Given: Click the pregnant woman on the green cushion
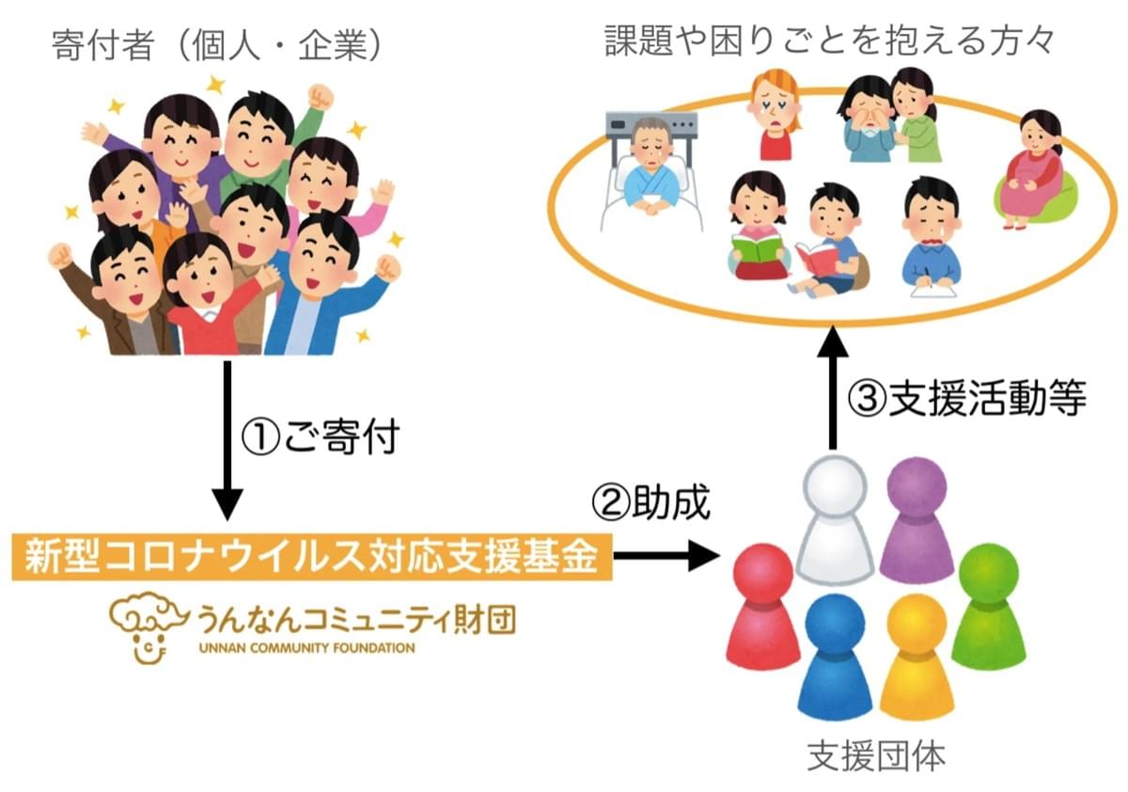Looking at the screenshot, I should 1034,169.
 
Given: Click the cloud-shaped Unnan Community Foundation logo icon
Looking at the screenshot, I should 143,626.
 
